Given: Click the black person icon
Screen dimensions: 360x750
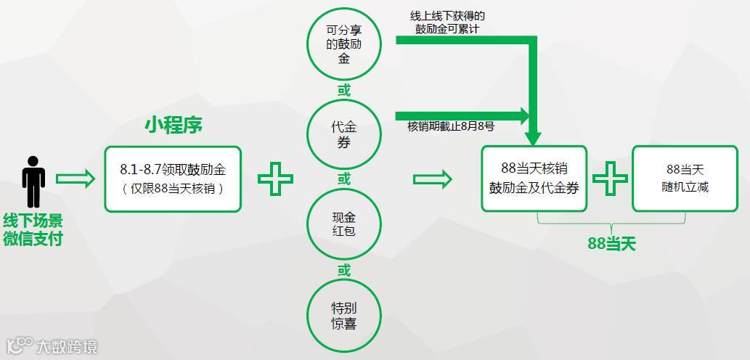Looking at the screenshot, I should point(33,181).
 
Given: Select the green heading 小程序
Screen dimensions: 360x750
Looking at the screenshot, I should point(174,126).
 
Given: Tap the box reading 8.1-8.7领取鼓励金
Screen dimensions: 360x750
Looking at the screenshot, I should point(173,179).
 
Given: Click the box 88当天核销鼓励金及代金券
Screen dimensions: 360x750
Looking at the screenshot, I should point(534,179).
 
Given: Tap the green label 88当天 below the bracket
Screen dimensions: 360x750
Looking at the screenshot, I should point(611,244).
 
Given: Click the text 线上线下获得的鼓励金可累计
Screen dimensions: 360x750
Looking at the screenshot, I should point(448,22).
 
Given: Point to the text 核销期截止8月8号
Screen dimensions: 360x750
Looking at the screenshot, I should point(451,126).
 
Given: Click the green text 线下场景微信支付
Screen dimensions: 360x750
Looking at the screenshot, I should point(33,229).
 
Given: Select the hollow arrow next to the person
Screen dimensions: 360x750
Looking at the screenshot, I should point(76,179).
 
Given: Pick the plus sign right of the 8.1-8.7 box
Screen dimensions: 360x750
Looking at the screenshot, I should point(276,179).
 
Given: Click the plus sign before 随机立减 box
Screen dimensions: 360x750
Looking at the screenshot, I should point(610,179).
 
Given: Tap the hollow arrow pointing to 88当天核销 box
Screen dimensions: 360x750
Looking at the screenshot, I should point(433,179).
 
